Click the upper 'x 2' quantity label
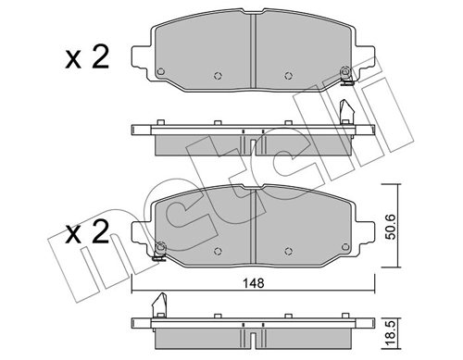click(87, 58)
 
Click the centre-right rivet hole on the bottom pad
click(287, 248)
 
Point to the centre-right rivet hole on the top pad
click(287, 76)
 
